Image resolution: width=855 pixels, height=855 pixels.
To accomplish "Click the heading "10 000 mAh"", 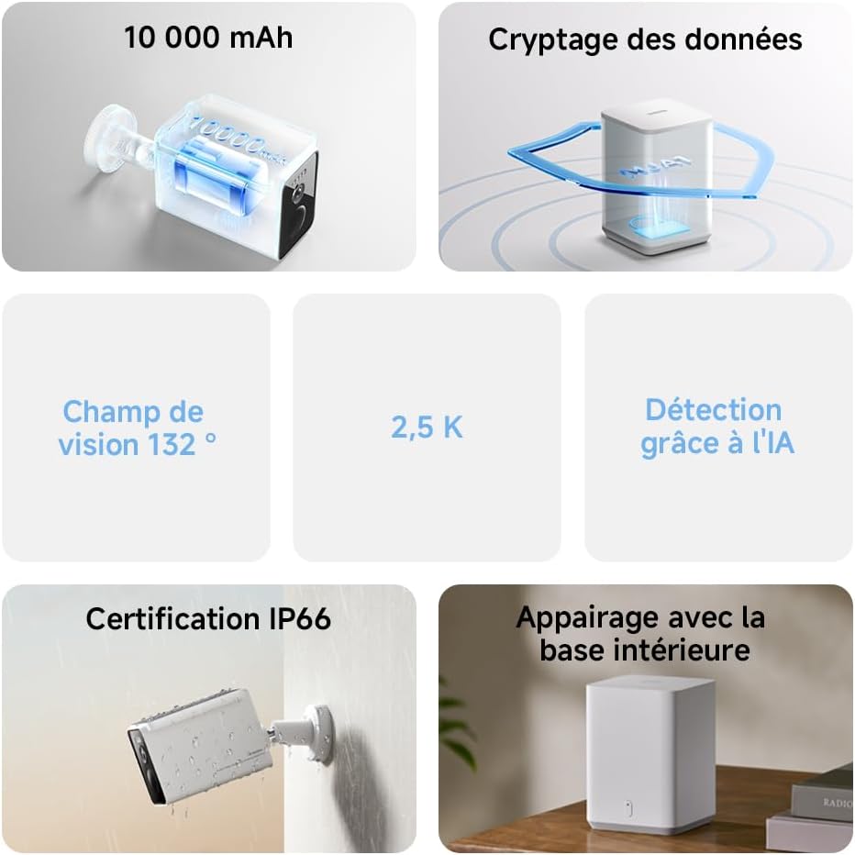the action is point(208,38).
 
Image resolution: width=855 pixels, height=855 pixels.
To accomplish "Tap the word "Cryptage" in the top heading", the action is point(553,40).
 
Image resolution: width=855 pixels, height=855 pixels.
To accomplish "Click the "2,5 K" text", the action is point(427,427).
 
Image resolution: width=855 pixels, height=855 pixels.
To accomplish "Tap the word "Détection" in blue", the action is point(713,410).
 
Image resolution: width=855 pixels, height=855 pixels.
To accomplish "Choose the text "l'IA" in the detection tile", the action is point(773,442).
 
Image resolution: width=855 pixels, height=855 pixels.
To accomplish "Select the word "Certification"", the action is point(172,619).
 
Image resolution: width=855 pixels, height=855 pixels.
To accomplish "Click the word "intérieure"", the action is point(689,650).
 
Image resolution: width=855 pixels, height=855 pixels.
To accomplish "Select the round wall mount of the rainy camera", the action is point(320,734).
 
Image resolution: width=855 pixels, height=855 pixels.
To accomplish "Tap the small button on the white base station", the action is point(628,808).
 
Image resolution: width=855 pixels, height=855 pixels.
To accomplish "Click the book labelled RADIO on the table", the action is point(824,795).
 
